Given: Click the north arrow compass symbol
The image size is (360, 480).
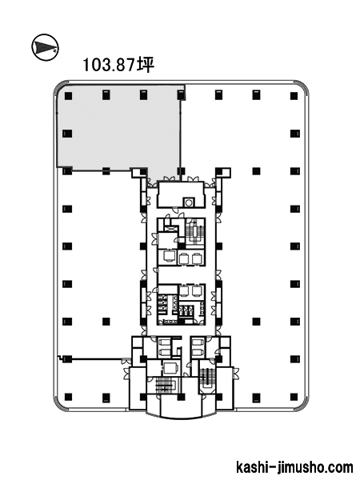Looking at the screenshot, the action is tap(45, 47).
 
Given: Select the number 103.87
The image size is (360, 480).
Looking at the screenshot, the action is tap(109, 65).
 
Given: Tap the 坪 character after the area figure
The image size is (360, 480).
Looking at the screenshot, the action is tap(146, 65).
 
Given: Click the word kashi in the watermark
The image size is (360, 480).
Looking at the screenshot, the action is tap(252, 467).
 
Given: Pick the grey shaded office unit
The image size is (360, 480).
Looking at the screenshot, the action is tap(119, 129).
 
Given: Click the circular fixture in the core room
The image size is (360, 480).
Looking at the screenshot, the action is tap(188, 202).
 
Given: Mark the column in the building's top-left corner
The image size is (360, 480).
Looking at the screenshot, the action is tap(68, 96).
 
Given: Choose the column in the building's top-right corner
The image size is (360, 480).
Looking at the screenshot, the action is tap(294, 96).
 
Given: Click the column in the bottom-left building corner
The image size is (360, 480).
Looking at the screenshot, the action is tap(68, 397).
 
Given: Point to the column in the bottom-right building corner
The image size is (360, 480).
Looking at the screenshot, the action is tap(294, 397).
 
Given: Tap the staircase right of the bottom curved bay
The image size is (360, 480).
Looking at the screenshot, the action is tap(206, 377).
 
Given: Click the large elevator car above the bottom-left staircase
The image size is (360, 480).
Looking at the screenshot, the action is tap(170, 368).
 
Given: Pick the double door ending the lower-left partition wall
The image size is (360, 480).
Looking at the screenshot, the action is tap(125, 361).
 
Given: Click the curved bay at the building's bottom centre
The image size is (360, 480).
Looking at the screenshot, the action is tap(181, 410).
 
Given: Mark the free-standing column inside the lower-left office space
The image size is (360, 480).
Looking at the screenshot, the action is tap(106, 322).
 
